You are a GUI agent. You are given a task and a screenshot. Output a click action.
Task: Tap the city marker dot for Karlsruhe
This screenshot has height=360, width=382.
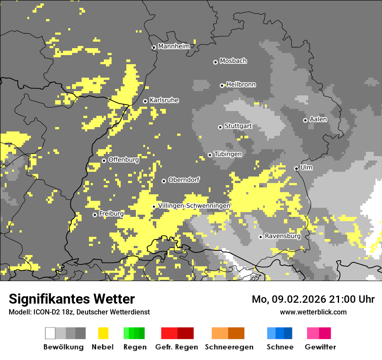(x=145, y=101)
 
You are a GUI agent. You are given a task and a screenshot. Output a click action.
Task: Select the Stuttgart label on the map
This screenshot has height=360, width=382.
(x=238, y=126)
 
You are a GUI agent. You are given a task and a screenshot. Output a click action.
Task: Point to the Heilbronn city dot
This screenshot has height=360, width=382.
(x=222, y=85)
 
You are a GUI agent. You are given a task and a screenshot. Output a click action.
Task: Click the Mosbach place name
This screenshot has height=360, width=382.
(x=233, y=61)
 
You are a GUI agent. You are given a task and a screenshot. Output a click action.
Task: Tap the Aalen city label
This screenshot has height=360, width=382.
(x=318, y=119)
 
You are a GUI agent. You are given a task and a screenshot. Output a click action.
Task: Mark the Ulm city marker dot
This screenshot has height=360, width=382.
(x=296, y=168)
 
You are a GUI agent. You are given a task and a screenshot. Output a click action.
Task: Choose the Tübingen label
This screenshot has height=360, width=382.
(x=228, y=154)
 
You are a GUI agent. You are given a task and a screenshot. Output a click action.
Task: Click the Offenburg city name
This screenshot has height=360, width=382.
(x=123, y=160)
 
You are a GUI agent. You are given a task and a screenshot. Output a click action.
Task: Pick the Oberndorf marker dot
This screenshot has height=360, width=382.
(x=164, y=181)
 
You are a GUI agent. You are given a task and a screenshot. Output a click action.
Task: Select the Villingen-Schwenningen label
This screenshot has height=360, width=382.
(x=194, y=206)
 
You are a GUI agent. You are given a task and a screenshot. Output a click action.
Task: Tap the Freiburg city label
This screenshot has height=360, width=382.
(x=111, y=214)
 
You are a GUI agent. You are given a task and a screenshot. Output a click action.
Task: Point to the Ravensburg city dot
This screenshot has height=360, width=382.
(x=260, y=237)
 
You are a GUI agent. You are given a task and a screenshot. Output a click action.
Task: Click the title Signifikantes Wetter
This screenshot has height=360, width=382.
(x=72, y=299)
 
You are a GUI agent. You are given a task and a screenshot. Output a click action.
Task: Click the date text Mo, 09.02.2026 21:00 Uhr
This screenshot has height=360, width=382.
(x=313, y=299)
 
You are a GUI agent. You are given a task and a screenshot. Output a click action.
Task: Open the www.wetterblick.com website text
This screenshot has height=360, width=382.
(x=313, y=312)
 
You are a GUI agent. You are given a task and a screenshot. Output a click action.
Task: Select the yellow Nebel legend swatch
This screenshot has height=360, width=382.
(x=103, y=333)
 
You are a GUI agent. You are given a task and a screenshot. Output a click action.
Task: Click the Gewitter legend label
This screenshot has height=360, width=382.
(x=320, y=347)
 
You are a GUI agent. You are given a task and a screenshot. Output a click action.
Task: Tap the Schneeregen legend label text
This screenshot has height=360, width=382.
(x=229, y=347)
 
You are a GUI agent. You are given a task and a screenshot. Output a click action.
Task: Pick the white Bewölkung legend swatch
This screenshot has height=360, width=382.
(x=50, y=333)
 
